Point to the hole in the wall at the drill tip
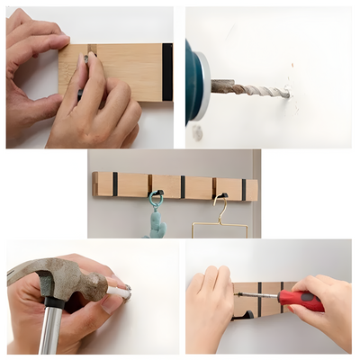click(291, 91)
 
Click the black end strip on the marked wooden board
click(167, 72)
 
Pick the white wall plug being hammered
click(119, 292)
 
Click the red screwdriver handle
click(301, 301)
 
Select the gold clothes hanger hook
click(220, 207)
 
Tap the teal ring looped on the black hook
click(156, 198)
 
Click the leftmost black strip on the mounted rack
click(114, 184)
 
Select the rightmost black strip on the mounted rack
click(243, 189)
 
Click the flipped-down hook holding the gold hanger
click(216, 189)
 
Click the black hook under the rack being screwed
click(241, 315)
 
